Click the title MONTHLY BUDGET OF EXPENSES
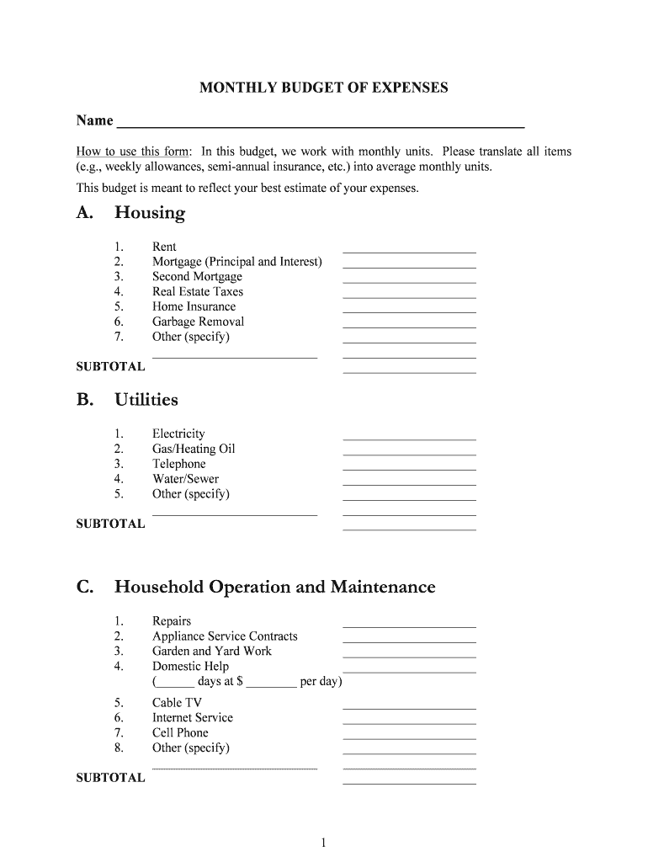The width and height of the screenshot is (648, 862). pyautogui.click(x=323, y=88)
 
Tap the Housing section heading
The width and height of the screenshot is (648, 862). pyautogui.click(x=149, y=213)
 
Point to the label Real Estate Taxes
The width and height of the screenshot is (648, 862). pyautogui.click(x=197, y=292)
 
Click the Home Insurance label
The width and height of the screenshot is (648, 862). pyautogui.click(x=194, y=307)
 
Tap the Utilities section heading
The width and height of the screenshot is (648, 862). pyautogui.click(x=146, y=400)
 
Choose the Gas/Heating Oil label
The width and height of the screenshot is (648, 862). pyautogui.click(x=194, y=450)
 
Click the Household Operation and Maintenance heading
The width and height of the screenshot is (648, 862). pyautogui.click(x=274, y=587)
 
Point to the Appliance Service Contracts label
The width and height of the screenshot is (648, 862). pyautogui.click(x=225, y=636)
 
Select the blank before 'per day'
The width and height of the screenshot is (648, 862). pyautogui.click(x=271, y=684)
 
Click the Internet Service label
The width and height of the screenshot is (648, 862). pyautogui.click(x=192, y=718)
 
